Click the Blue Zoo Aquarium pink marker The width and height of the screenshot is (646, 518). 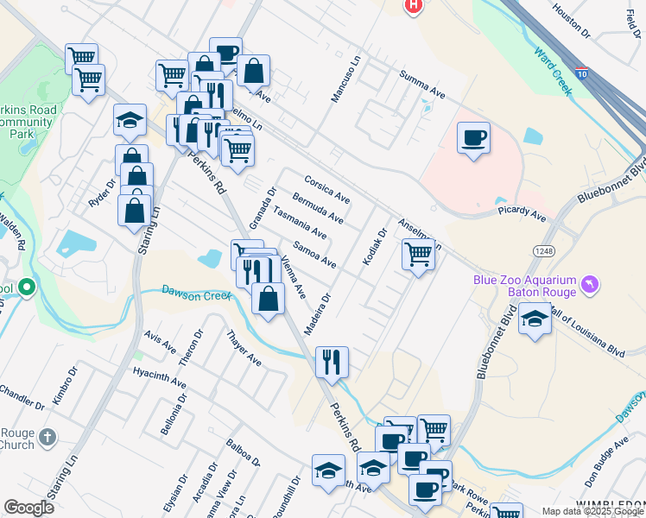pyautogui.click(x=590, y=284)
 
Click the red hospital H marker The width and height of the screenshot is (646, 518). pyautogui.click(x=415, y=5)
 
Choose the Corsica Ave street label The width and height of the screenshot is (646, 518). pyautogui.click(x=327, y=188)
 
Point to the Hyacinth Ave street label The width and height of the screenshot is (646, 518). pyautogui.click(x=160, y=376)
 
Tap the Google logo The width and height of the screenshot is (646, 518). pyautogui.click(x=29, y=507)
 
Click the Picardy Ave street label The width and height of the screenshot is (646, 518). pyautogui.click(x=522, y=212)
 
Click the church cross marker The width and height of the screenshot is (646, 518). pyautogui.click(x=48, y=439)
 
